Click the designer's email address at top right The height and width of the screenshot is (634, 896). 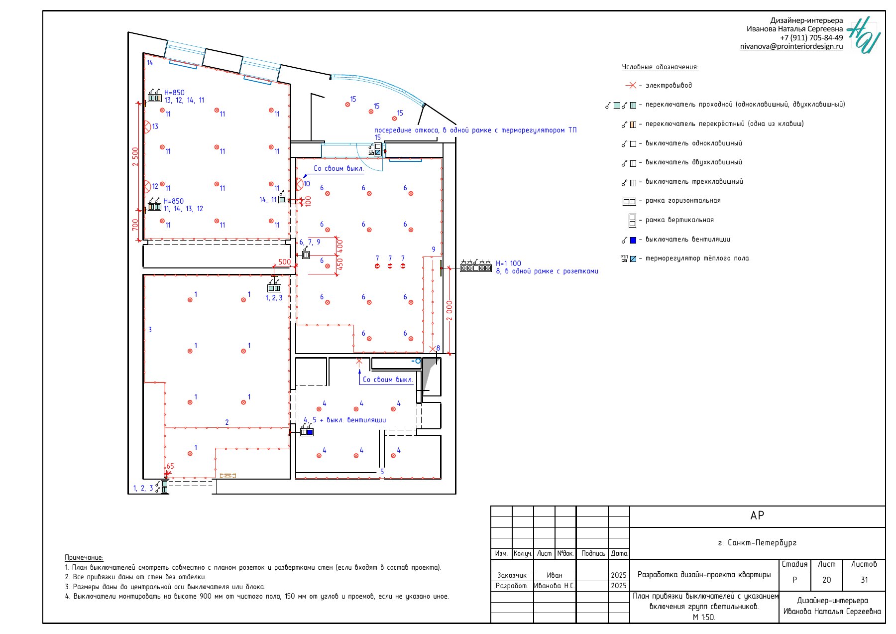pyautogui.click(x=791, y=46)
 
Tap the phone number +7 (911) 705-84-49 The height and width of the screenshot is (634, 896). pyautogui.click(x=811, y=38)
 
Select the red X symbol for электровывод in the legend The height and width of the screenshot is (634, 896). pyautogui.click(x=631, y=86)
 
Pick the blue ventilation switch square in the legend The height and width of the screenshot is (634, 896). pyautogui.click(x=633, y=240)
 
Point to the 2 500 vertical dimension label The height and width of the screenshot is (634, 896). pyautogui.click(x=135, y=157)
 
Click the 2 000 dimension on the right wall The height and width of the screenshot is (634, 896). pyautogui.click(x=449, y=311)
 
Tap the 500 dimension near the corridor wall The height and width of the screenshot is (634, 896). pyautogui.click(x=284, y=262)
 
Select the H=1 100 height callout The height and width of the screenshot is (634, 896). pyautogui.click(x=508, y=263)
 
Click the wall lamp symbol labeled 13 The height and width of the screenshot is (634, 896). pyautogui.click(x=147, y=127)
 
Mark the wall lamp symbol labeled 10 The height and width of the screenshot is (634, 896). pyautogui.click(x=299, y=184)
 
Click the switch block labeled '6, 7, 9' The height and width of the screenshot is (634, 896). pyautogui.click(x=306, y=255)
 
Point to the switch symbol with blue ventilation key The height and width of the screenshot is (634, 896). pyautogui.click(x=307, y=432)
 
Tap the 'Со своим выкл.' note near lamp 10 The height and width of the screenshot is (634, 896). pyautogui.click(x=338, y=169)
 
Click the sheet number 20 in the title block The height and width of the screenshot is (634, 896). pyautogui.click(x=826, y=580)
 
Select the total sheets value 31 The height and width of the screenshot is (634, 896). pyautogui.click(x=864, y=580)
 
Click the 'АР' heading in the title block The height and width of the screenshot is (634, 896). pyautogui.click(x=757, y=516)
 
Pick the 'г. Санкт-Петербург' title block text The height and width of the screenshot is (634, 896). pyautogui.click(x=757, y=543)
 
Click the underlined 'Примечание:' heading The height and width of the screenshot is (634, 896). pyautogui.click(x=84, y=558)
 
